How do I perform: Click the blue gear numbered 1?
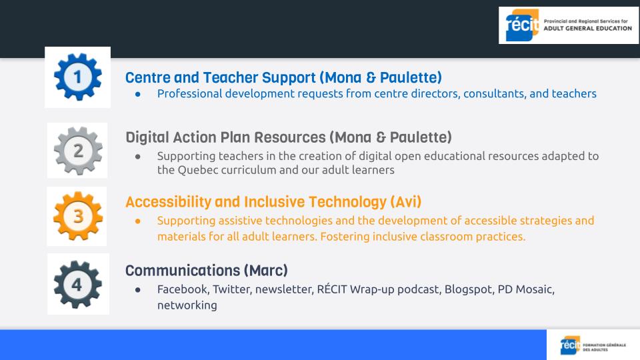(x=77, y=77)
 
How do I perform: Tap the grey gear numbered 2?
(x=78, y=151)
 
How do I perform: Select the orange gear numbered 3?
(x=77, y=216)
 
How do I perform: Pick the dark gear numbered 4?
(x=77, y=284)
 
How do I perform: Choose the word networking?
(x=187, y=306)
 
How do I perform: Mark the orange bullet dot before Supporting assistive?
(x=138, y=221)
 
